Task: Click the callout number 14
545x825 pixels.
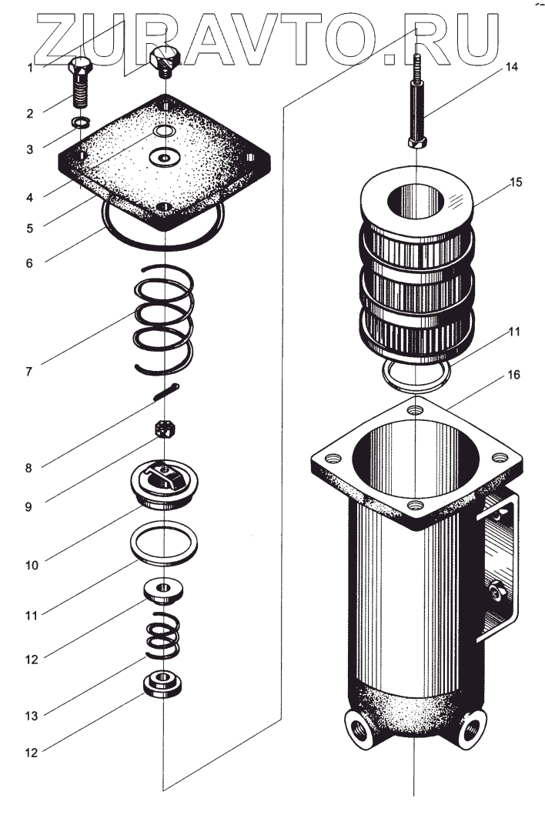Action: [x=511, y=68]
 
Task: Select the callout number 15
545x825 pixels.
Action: [x=516, y=182]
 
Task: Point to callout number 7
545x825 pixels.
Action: [x=28, y=371]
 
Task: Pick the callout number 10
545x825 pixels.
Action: [x=31, y=564]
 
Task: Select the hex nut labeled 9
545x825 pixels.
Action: [x=163, y=428]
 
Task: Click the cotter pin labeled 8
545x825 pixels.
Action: [x=166, y=392]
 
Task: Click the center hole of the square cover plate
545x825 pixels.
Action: [x=163, y=157]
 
